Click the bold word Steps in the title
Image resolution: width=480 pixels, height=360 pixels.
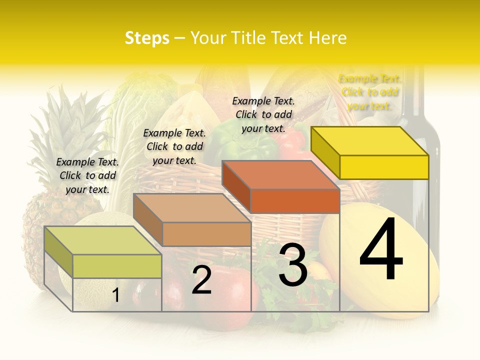(147, 38)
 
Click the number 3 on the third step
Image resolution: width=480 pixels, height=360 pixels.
(293, 265)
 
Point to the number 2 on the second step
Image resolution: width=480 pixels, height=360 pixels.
(201, 280)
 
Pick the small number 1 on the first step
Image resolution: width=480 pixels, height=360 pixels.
(115, 295)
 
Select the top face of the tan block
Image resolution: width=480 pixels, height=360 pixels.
(192, 208)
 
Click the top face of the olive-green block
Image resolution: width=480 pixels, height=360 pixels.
(103, 240)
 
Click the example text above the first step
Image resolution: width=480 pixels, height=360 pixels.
(87, 175)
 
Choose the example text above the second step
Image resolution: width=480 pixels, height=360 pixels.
(174, 146)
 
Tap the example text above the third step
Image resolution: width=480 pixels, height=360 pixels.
(263, 114)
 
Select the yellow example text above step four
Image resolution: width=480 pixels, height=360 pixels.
(369, 92)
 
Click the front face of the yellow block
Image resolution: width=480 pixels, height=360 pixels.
(384, 167)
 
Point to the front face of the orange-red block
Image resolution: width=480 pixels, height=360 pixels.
(295, 201)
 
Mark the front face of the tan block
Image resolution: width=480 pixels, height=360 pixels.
(206, 234)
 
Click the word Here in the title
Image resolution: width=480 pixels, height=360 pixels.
(328, 38)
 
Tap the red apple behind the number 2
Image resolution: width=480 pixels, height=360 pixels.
(235, 295)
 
